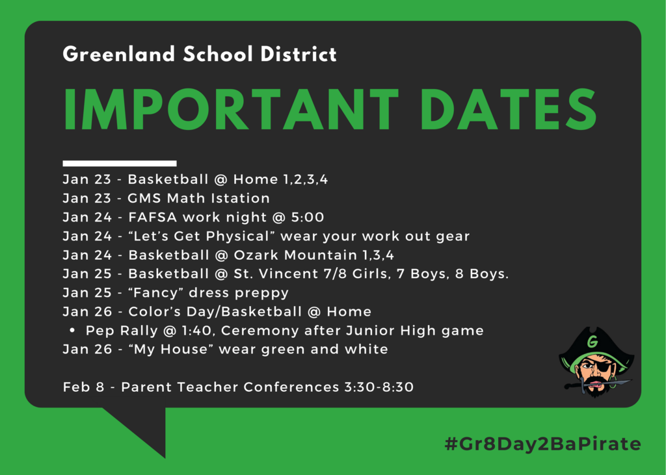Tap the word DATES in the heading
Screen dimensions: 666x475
coord(509,110)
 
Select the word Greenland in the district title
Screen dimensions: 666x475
coord(119,55)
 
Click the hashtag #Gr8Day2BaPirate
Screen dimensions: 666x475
coord(543,444)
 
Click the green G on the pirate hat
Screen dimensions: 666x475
coord(593,341)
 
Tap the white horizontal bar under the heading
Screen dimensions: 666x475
coord(120,164)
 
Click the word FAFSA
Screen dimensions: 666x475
coord(152,217)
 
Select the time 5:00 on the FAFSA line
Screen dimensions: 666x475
coord(308,217)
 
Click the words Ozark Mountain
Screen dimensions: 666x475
coord(295,255)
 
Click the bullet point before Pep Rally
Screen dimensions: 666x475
coord(72,330)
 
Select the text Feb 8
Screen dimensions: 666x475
coord(83,387)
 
